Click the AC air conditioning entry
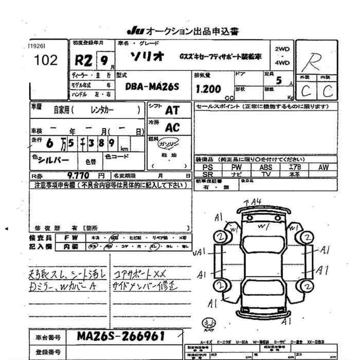172,128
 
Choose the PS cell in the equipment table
208,167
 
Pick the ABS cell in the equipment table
266,167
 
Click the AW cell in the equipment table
323,167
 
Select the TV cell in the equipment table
266,174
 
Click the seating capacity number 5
279,80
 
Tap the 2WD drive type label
282,49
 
